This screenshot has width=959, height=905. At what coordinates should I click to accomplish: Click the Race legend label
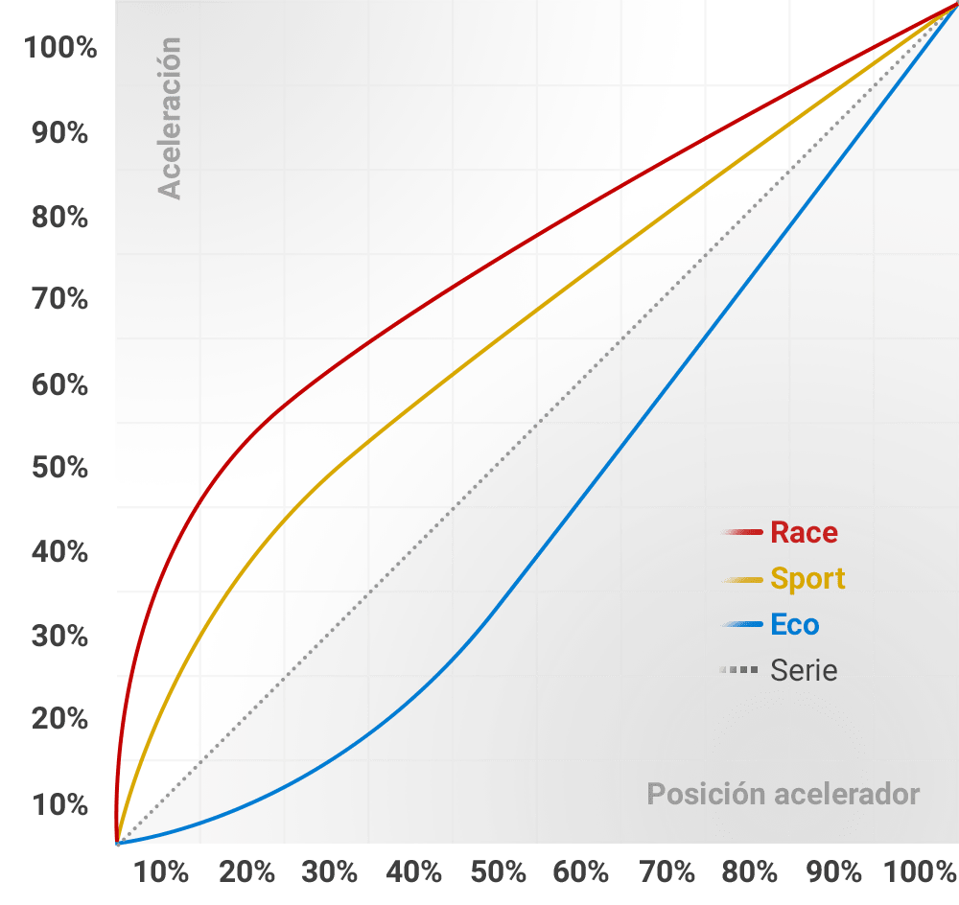click(804, 533)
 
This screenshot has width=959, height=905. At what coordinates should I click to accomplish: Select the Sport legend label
click(807, 579)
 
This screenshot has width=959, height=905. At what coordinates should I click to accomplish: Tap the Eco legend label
click(794, 625)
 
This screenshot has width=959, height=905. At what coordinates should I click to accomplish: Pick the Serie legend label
click(804, 670)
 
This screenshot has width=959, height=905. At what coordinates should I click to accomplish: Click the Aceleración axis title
click(170, 118)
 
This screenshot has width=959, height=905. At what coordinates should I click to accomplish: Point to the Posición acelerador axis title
click(783, 794)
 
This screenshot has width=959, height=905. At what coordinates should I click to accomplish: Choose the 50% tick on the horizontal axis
click(499, 872)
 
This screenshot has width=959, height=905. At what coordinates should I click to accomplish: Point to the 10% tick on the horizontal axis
click(162, 872)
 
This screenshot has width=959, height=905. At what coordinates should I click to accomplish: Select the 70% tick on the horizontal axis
click(667, 872)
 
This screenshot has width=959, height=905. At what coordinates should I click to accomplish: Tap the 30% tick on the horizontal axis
click(330, 872)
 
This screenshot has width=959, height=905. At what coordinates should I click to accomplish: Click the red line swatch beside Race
click(743, 533)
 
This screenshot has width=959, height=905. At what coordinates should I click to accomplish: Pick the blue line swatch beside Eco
click(743, 625)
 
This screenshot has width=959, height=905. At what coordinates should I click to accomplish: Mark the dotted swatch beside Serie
click(743, 670)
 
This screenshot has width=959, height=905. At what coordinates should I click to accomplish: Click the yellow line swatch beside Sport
click(743, 579)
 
